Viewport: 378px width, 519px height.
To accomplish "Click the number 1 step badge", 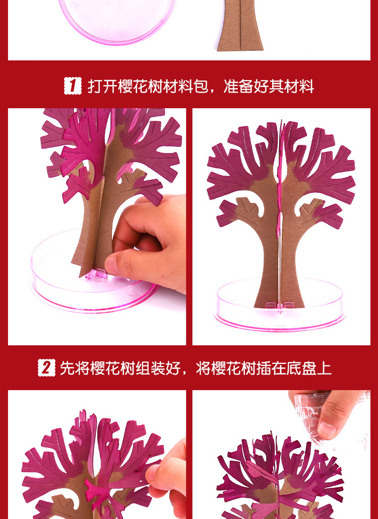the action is pyautogui.click(x=73, y=86).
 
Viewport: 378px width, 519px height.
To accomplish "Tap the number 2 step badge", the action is pyautogui.click(x=46, y=368).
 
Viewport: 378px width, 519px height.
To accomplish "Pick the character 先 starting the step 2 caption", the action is pyautogui.click(x=67, y=368).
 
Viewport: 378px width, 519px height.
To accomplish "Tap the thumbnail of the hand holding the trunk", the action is pyautogui.click(x=97, y=227).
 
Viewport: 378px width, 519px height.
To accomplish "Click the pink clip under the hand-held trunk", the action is pyautogui.click(x=96, y=274).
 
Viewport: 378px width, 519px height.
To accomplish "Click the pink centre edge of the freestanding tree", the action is pyautogui.click(x=280, y=185).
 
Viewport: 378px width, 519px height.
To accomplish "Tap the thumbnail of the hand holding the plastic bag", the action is pyautogui.click(x=281, y=455).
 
